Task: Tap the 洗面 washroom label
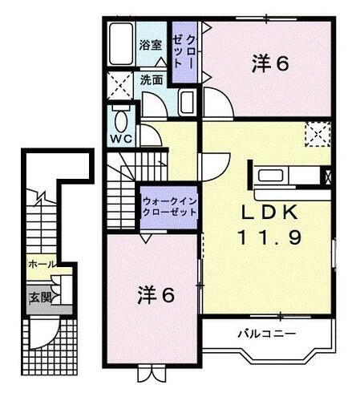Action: coord(152,80)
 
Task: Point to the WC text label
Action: coord(121,138)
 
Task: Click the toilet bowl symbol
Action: coord(121,120)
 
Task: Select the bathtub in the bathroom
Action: coord(122,47)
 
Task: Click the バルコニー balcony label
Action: coord(255,332)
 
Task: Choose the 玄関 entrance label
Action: coord(38,296)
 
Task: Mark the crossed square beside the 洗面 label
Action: coord(121,83)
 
